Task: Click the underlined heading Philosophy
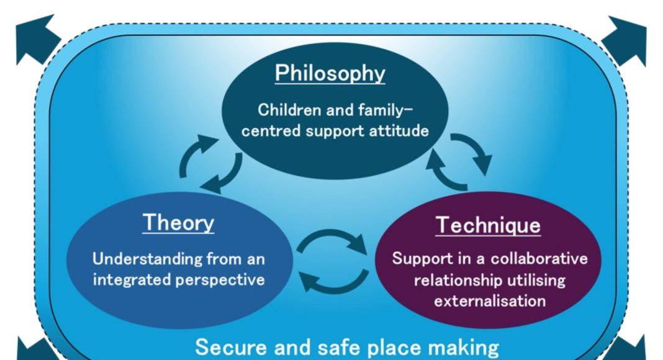330,73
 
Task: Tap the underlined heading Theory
178,222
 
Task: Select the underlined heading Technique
488,225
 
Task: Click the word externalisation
490,301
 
